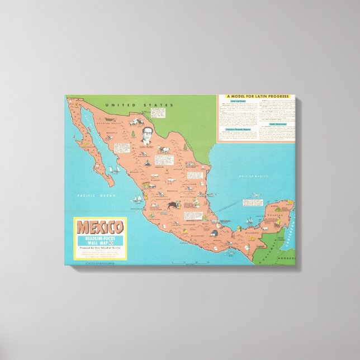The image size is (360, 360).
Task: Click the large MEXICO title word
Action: pos(100,228)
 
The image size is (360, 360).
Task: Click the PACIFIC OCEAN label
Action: pos(96,195)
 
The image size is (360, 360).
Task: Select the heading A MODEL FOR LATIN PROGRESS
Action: pos(257,97)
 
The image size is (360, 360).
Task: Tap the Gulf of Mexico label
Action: pos(254,176)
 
